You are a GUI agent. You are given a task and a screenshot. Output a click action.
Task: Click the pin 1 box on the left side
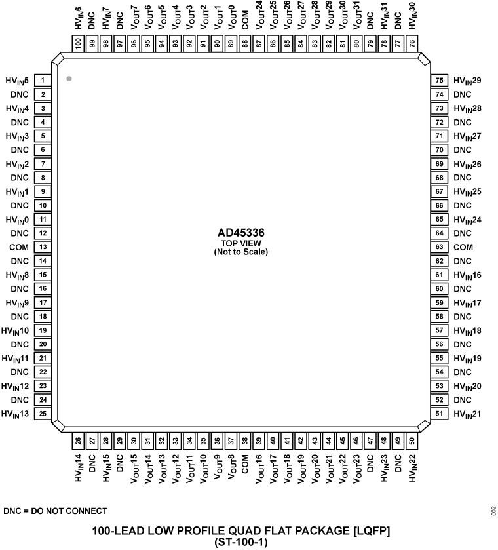[42, 81]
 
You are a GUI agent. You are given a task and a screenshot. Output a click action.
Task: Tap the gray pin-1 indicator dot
[69, 79]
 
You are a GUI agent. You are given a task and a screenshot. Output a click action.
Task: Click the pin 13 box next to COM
[42, 247]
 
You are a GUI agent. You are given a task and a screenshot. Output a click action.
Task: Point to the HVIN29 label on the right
[467, 81]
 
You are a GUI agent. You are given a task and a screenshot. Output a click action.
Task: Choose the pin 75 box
[440, 81]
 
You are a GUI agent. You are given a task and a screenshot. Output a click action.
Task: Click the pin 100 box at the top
[78, 44]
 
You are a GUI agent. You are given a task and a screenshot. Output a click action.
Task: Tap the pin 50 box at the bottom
[412, 441]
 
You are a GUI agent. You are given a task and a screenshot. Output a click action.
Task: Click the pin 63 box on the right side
[440, 247]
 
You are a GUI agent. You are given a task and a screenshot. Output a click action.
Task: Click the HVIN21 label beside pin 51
[467, 414]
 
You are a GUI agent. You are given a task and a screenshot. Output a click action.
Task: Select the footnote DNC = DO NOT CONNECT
[55, 511]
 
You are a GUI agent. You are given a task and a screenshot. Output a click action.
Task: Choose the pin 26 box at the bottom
[78, 441]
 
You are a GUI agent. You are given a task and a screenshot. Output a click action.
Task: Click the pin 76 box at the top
[412, 44]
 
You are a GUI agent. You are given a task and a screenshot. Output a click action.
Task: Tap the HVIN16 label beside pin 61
[467, 275]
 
